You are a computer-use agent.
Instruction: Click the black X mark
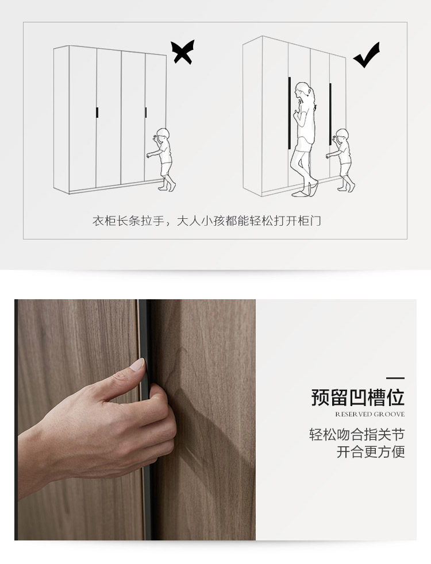tap(182, 52)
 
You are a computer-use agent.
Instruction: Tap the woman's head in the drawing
tap(303, 92)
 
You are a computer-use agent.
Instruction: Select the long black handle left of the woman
tap(289, 113)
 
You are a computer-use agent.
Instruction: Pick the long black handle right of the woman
tap(330, 114)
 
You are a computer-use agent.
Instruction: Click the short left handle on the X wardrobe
tap(97, 112)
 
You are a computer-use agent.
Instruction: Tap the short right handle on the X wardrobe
tap(146, 112)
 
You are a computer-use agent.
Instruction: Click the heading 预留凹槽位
tap(357, 397)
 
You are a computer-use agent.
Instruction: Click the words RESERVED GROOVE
tap(370, 414)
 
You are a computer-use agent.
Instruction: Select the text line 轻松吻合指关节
tap(357, 435)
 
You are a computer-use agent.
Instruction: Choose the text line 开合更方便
tap(371, 452)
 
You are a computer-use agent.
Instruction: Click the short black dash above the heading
tap(395, 378)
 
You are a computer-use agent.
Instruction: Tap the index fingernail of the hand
tap(137, 364)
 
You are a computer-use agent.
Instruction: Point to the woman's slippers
tap(306, 190)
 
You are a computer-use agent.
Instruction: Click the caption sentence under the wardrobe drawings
tap(206, 221)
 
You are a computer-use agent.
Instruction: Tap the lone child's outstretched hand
tap(148, 156)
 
